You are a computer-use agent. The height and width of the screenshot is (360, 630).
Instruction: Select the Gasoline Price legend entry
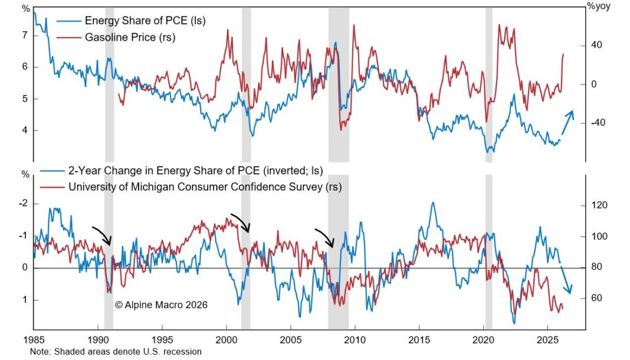coord(130,38)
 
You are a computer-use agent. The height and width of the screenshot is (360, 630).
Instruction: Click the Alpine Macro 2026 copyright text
coord(161,305)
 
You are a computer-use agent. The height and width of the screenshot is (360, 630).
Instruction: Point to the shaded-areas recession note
coord(116,352)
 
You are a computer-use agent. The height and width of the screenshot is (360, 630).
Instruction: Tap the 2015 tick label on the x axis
coord(419,341)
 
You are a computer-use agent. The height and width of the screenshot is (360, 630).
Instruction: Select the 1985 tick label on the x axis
coord(34,341)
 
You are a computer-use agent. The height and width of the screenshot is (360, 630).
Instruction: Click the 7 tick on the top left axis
coord(25,35)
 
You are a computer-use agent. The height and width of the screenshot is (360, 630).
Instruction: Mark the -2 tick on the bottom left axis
coord(24,204)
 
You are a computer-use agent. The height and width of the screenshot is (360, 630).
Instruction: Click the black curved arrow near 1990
coord(101,235)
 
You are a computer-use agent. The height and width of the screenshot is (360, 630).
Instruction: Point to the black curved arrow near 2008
coord(324,238)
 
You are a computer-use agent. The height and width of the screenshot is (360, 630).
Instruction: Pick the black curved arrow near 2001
coord(240,222)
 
